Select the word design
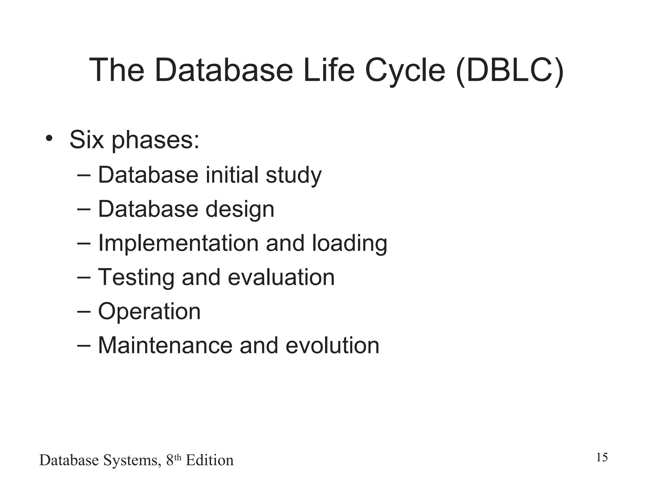[x=240, y=209]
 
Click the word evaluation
[x=281, y=277]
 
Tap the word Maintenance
[x=165, y=345]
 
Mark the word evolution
[x=332, y=345]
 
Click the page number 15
[x=602, y=457]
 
